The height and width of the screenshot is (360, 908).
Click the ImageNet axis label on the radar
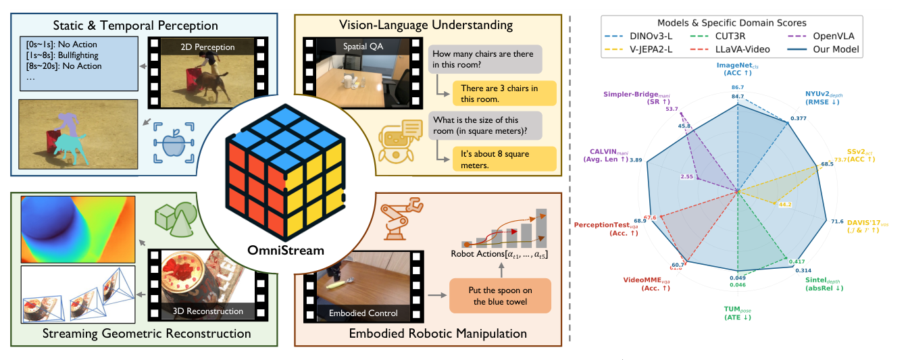tap(738, 68)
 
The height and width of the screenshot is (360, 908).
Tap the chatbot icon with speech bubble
tap(398, 143)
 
